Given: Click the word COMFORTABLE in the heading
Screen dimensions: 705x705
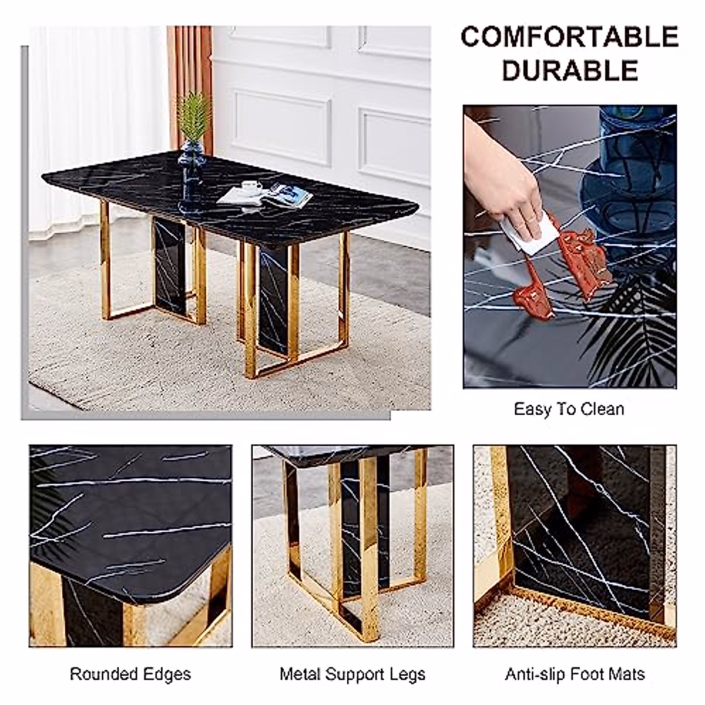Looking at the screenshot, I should (569, 38).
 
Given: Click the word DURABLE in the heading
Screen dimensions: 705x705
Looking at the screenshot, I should (569, 71).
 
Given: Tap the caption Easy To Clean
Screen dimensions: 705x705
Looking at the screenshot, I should (569, 409).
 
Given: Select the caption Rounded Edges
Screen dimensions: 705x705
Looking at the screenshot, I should (130, 674).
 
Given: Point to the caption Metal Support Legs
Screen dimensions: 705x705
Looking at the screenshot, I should (352, 674).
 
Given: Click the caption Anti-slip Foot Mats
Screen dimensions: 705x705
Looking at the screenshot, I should (575, 674).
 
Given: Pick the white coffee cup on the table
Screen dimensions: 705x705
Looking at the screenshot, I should (252, 187).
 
